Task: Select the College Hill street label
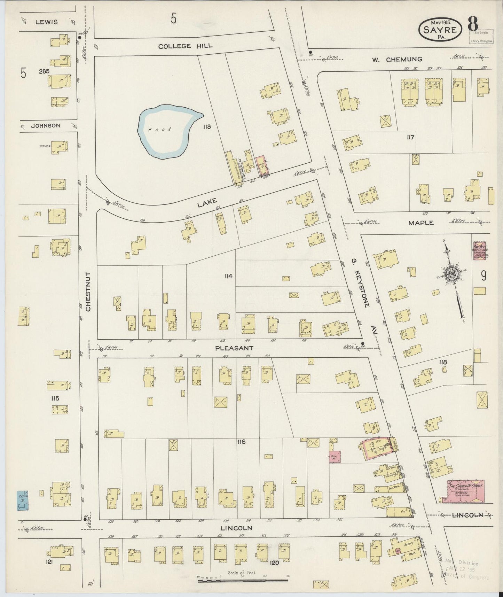click(x=185, y=46)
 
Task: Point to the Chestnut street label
click(x=88, y=292)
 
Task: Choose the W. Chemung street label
click(x=397, y=59)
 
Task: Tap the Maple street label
click(x=421, y=223)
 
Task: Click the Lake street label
click(x=207, y=202)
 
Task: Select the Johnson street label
click(x=45, y=126)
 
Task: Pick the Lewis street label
click(x=46, y=22)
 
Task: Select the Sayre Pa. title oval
click(x=440, y=29)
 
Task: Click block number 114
click(x=228, y=276)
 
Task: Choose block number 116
click(x=241, y=442)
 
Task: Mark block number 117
click(x=410, y=137)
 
